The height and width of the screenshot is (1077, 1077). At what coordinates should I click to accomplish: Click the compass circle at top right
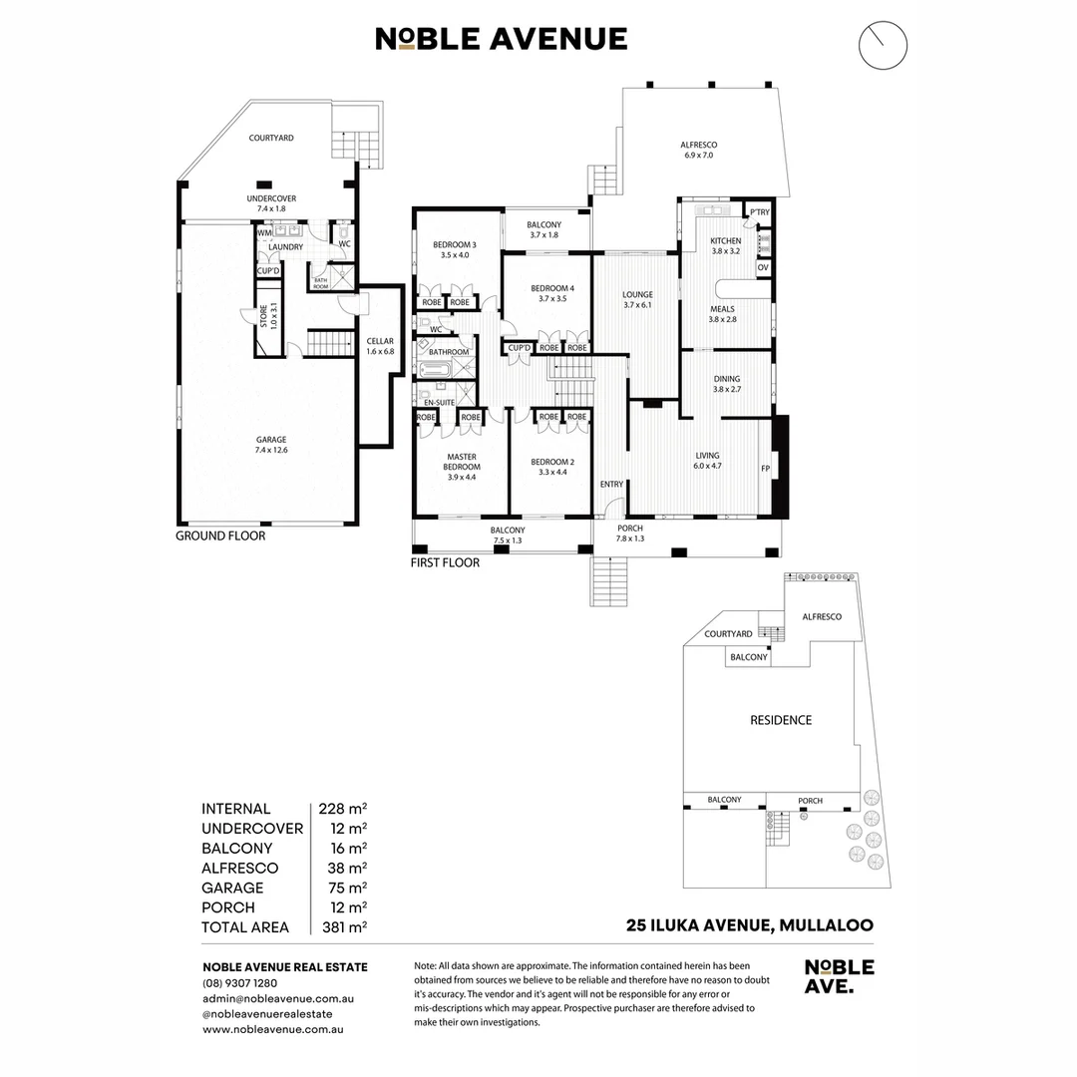coord(883,46)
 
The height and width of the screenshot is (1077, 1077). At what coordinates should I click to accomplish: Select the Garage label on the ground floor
coord(270,445)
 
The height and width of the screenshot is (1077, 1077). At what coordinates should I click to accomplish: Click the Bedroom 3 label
coord(454,249)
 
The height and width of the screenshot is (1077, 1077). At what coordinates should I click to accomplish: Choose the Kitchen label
coord(725,246)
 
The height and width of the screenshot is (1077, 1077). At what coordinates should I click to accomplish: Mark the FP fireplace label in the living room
coord(766,468)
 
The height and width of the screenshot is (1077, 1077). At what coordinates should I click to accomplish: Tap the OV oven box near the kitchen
coord(763,267)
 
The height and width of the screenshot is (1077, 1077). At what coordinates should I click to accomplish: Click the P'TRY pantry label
coord(760,212)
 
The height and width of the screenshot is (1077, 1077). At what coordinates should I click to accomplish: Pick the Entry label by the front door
coord(611,485)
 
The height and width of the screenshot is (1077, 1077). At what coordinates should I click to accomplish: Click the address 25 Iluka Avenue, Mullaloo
coord(749,925)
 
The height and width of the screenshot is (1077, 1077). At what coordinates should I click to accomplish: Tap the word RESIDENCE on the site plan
coord(781,720)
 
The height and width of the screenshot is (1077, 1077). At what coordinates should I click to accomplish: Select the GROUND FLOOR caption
coord(220,536)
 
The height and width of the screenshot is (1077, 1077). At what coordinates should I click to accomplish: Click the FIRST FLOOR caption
coord(445,562)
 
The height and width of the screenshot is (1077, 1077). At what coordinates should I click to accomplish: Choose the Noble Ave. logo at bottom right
coord(839,976)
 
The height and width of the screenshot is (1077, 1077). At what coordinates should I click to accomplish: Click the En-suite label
coord(439,402)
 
